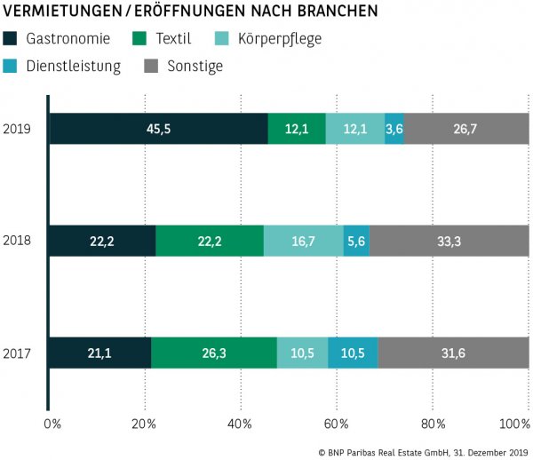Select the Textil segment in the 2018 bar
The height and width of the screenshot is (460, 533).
coord(209,241)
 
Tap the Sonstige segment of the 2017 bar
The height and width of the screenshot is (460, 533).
coord(453,353)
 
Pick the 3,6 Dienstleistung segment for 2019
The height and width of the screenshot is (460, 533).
coord(394,129)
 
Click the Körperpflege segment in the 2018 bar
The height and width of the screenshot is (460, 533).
coord(303,241)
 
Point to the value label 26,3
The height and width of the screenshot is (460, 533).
coord(214,353)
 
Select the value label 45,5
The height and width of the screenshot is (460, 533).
coord(159,129)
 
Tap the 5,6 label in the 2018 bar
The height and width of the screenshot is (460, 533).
coord(355,241)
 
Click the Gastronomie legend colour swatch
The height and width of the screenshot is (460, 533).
coord(11,39)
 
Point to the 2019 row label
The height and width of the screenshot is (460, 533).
coord(17,129)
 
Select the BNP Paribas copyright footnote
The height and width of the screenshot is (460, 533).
coord(422,451)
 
